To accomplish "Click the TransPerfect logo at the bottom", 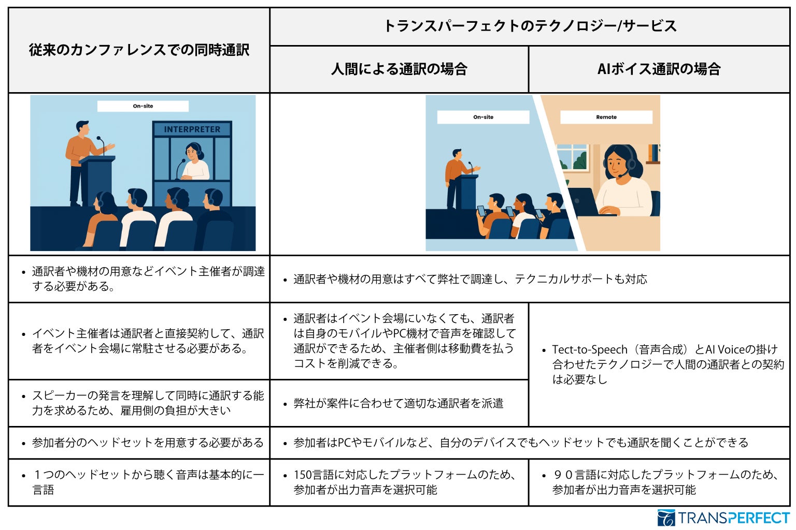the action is [723, 518].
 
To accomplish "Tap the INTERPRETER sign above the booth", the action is [192, 129].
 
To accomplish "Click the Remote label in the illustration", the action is [606, 117].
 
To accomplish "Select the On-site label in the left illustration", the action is [143, 106].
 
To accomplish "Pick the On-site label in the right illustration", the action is [483, 117].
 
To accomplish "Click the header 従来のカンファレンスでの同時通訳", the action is [139, 50].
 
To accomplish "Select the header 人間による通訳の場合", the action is [399, 69].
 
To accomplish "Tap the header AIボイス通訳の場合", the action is [659, 69].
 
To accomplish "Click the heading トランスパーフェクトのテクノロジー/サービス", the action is [530, 26].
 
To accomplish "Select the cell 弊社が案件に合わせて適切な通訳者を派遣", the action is [398, 403].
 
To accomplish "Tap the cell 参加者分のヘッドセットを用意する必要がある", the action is [147, 443].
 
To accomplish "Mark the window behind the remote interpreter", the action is [573, 157].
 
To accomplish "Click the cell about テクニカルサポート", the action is [470, 279].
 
